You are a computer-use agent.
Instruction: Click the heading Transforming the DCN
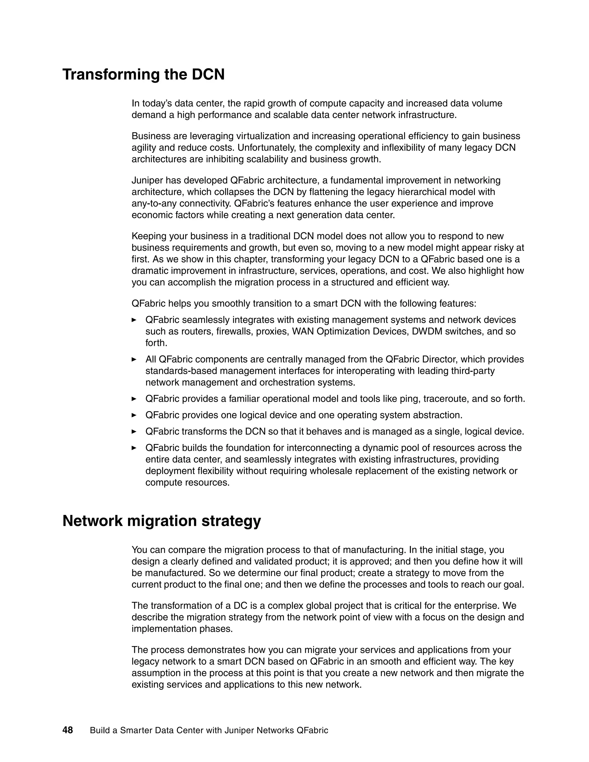(x=144, y=75)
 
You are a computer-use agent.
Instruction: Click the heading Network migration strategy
(x=162, y=521)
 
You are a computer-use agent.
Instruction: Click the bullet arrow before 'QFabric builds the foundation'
(x=134, y=448)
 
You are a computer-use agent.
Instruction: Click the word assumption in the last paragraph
(x=155, y=673)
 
